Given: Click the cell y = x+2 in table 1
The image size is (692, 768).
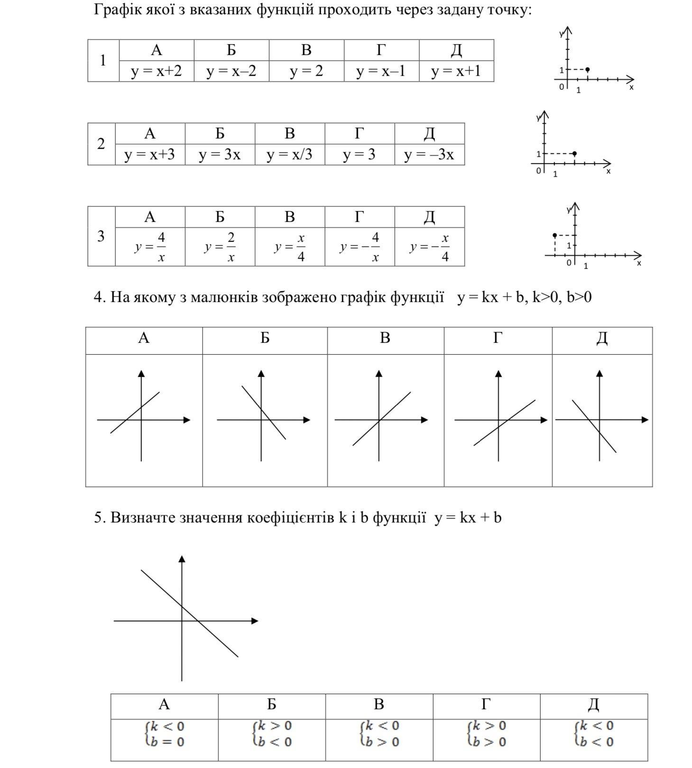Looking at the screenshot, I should tap(156, 71).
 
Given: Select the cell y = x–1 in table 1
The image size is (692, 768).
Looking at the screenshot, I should tap(381, 71).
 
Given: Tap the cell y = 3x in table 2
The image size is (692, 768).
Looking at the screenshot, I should tap(220, 155).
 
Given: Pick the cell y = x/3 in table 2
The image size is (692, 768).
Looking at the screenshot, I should tap(289, 155).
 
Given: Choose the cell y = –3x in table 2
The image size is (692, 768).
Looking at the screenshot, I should tap(429, 155).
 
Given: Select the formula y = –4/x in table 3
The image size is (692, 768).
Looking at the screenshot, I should tap(360, 247).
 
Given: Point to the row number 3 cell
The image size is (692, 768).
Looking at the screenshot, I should tap(101, 236).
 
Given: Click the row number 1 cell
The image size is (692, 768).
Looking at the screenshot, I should tap(103, 61).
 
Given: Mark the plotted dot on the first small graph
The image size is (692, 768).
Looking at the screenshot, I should tap(588, 70).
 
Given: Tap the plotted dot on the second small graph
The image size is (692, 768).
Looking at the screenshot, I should tap(574, 154).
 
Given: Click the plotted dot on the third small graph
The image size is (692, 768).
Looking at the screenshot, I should tap(555, 235).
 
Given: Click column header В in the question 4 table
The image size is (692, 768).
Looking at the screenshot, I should tap(385, 338).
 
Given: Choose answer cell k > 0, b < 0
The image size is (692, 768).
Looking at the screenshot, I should tap(272, 734).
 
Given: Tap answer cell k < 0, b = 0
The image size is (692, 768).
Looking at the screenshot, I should tap(164, 734).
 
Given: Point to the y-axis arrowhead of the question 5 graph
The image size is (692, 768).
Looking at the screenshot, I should tap(182, 559).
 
